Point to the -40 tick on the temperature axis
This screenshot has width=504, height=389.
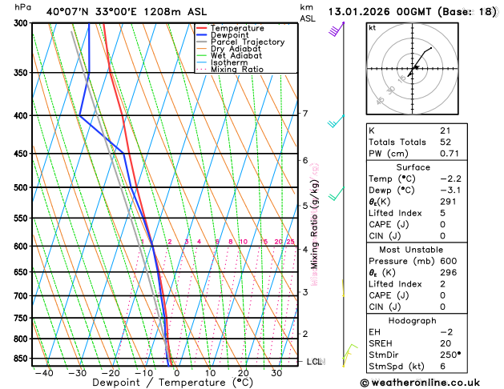tap(44, 373)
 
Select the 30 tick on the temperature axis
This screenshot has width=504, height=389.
tap(276, 373)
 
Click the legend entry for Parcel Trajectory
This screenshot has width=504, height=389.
tap(250, 42)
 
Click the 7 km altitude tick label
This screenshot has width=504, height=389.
tap(304, 114)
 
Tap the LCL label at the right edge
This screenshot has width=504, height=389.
tap(315, 362)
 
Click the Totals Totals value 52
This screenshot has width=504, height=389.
tap(446, 142)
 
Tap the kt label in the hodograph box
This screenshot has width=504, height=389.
tap(372, 28)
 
